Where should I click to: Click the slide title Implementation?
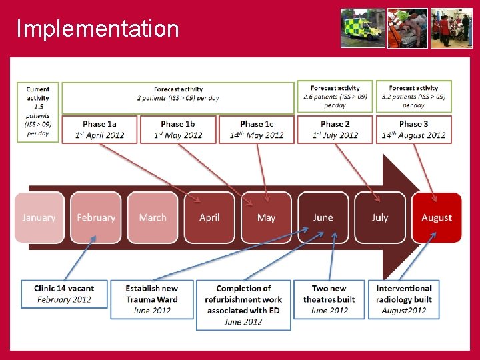[97, 29]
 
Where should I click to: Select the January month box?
[39, 217]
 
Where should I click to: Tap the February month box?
[96, 217]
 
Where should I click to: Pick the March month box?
[153, 217]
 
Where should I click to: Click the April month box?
[209, 217]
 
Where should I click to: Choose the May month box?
[266, 217]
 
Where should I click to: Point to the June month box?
[323, 217]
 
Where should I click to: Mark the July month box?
[380, 217]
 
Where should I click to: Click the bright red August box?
[437, 217]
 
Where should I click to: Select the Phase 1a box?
[99, 129]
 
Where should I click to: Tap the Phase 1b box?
[178, 129]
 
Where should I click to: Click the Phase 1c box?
[257, 129]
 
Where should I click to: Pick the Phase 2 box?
[335, 129]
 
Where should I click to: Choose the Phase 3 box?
[413, 129]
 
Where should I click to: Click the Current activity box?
[38, 111]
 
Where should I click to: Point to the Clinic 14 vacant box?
[64, 294]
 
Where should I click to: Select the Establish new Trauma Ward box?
[151, 299]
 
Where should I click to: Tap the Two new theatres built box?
[329, 299]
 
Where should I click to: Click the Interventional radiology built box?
[404, 299]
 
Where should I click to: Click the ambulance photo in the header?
[363, 28]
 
